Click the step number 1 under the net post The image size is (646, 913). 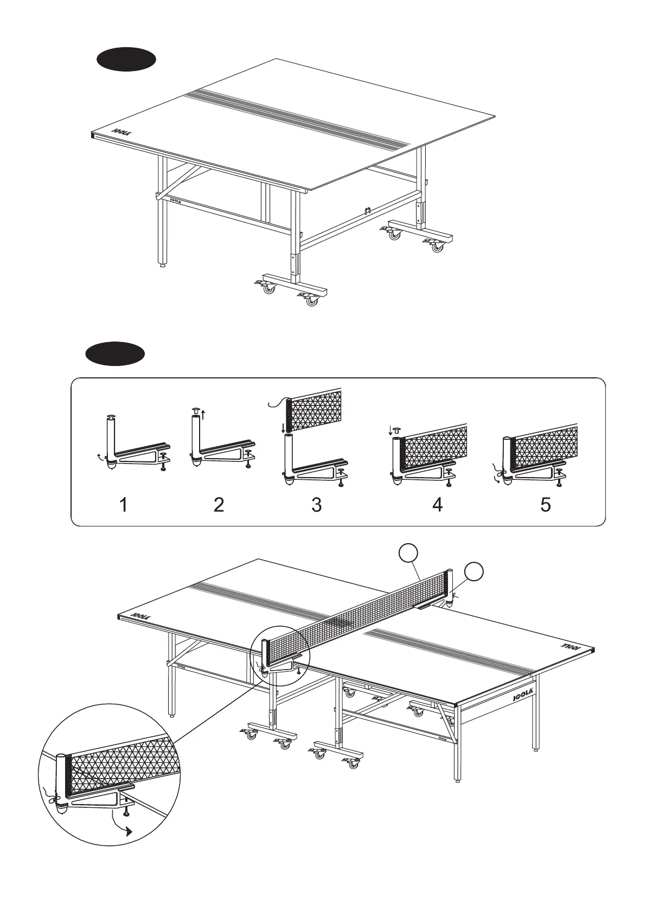coord(124,505)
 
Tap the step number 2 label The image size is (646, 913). coord(219,505)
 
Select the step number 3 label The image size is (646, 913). coord(317,505)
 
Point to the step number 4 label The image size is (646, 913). coord(437,505)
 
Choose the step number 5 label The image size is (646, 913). coord(546,505)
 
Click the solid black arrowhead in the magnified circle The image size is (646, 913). coord(129,847)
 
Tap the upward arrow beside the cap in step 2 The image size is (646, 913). coord(203,416)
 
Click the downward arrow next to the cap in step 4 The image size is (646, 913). coord(390,432)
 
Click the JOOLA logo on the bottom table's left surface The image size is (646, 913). coord(140,616)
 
